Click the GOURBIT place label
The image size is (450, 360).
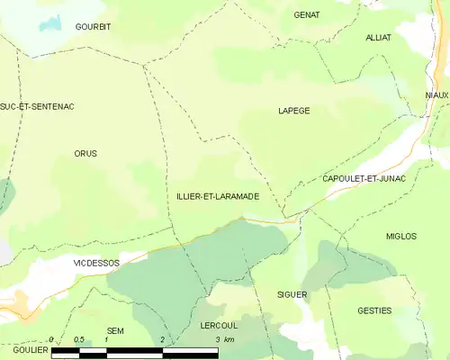coord(93,27)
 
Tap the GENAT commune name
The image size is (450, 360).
coord(307,15)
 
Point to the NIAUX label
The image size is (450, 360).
coord(437,94)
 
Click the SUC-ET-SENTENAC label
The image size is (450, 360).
coord(37,106)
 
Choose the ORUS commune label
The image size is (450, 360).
coord(85,154)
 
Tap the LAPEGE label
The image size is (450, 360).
coord(293,111)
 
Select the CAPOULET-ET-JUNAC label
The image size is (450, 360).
coord(364,179)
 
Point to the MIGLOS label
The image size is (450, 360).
coord(400,236)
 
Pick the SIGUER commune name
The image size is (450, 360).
coord(292,294)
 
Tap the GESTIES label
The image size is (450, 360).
coord(374,310)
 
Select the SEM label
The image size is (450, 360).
coord(115,330)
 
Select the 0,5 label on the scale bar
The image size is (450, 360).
coord(79,339)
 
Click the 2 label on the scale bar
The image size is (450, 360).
coord(163,339)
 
